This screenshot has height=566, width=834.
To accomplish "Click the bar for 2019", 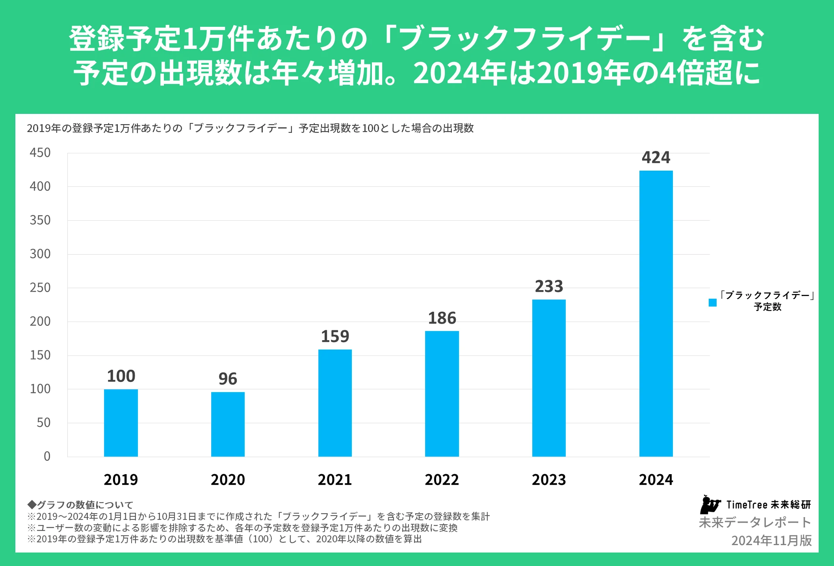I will (x=121, y=423).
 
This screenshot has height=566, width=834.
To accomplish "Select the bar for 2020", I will (x=228, y=424).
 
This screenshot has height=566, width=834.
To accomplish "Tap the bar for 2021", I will (x=335, y=403).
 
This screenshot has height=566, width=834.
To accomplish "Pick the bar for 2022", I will (x=442, y=394).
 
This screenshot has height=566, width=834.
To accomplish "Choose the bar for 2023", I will (x=549, y=378).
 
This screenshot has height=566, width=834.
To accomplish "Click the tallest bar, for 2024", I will (x=656, y=313).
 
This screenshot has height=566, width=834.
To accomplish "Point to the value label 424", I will (x=656, y=158).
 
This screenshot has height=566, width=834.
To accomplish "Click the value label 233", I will (x=549, y=287).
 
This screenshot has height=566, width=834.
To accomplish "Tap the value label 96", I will (x=228, y=379).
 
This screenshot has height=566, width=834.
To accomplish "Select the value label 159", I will (x=335, y=337).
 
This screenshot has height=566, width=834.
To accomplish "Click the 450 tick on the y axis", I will (x=40, y=153).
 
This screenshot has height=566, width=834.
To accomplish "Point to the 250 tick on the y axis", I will (x=40, y=288).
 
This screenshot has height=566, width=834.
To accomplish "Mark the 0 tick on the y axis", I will (x=47, y=456).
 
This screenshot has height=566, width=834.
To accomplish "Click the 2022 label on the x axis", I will (x=442, y=480).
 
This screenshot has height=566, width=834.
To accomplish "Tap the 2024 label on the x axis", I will (x=656, y=480).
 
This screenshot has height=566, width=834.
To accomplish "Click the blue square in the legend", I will (x=713, y=303).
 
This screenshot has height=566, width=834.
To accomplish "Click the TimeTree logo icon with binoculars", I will (x=710, y=505).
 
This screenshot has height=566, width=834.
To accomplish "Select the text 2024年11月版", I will (x=771, y=540).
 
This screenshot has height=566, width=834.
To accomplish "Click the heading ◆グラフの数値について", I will (x=80, y=505).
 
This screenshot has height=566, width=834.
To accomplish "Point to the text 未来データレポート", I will (x=755, y=523).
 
